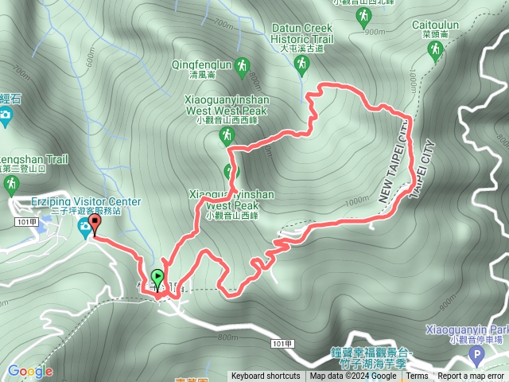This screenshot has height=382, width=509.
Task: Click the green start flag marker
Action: tap(157, 279)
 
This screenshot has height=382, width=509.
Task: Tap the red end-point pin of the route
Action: tap(95, 223)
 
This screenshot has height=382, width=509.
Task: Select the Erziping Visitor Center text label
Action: tap(86, 202)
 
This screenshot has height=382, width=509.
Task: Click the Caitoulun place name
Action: tap(434, 25)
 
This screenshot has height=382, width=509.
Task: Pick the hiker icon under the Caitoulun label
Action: tap(434, 50)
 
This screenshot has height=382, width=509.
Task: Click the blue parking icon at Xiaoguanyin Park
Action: tap(476, 352)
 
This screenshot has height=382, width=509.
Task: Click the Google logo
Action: tap(30, 371)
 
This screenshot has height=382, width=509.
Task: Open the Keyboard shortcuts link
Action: tap(266, 376)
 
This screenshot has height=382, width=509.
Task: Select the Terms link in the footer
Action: tap(417, 376)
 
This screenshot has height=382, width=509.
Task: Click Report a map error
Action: tap(471, 376)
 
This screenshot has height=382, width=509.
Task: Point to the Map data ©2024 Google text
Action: tap(353, 376)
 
